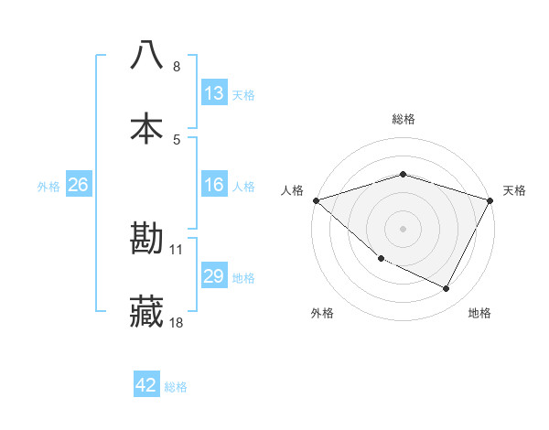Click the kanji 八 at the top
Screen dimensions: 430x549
click(x=146, y=55)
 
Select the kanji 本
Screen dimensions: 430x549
click(x=146, y=128)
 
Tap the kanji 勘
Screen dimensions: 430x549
click(x=146, y=239)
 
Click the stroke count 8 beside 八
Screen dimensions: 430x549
click(x=177, y=67)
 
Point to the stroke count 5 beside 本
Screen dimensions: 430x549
click(x=177, y=139)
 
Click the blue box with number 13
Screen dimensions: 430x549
click(x=214, y=93)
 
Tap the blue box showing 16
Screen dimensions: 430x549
click(x=214, y=186)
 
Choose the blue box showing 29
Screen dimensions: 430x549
click(x=214, y=276)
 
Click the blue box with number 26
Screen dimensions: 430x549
click(x=78, y=186)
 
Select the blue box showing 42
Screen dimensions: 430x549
click(x=146, y=386)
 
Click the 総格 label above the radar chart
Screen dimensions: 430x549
click(x=404, y=119)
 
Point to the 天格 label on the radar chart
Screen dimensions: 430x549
click(x=515, y=190)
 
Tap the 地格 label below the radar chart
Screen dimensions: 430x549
click(x=479, y=314)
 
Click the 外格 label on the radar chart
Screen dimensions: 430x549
click(x=322, y=314)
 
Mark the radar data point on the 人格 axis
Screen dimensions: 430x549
click(x=316, y=199)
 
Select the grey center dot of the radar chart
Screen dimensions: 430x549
click(x=404, y=228)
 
